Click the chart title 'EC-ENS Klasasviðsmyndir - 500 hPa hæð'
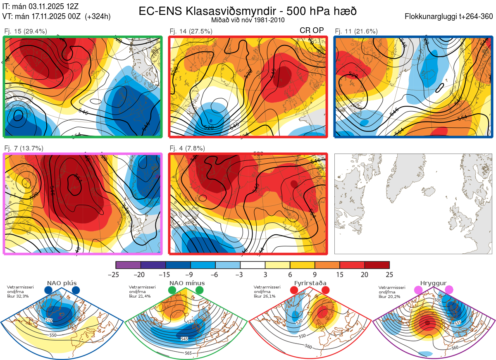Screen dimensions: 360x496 pyautogui.click(x=248, y=11)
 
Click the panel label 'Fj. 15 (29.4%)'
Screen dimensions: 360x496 pyautogui.click(x=26, y=31)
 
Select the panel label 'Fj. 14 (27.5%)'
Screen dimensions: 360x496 pyautogui.click(x=191, y=31)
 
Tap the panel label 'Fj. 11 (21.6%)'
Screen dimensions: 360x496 pyautogui.click(x=356, y=31)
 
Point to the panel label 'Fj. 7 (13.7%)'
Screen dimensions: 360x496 pyautogui.click(x=24, y=148)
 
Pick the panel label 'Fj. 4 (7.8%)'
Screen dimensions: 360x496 pyautogui.click(x=188, y=148)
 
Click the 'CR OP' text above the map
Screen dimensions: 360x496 pyautogui.click(x=311, y=31)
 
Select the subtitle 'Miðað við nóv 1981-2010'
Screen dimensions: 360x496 pyautogui.click(x=248, y=20)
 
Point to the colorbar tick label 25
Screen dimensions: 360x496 pyautogui.click(x=389, y=274)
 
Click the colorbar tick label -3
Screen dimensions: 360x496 pyautogui.click(x=240, y=274)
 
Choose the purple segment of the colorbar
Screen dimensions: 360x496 pyautogui.click(x=128, y=265)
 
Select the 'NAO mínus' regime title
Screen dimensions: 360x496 pyautogui.click(x=187, y=283)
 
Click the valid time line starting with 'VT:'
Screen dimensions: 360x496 pyautogui.click(x=56, y=17)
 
